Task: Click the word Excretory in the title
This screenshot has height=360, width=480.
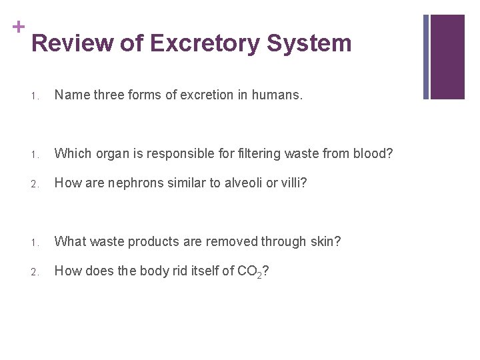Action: (204, 44)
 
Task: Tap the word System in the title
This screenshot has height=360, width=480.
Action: (309, 44)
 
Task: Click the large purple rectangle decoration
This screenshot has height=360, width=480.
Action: (447, 57)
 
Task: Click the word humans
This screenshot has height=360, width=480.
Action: (279, 95)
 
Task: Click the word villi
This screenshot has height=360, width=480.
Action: (288, 183)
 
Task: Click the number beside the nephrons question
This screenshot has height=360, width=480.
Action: (35, 183)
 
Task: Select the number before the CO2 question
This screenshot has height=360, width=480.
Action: (35, 271)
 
